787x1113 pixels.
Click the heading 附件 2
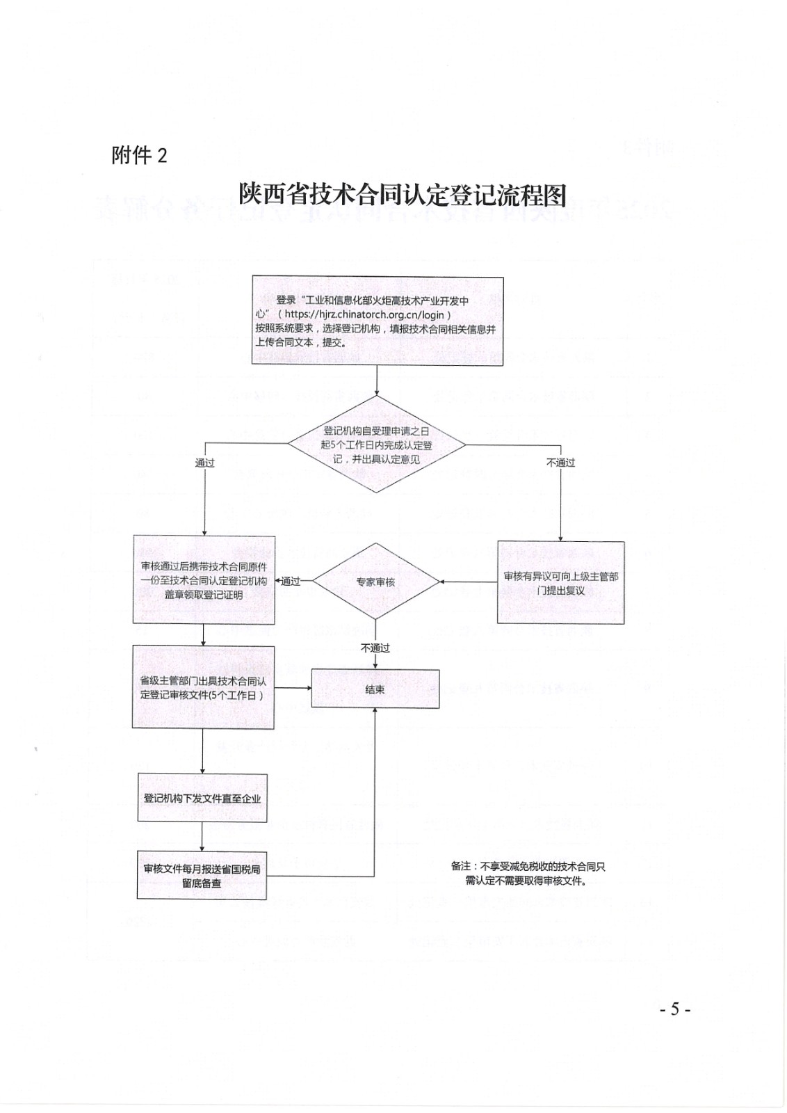pyautogui.click(x=139, y=155)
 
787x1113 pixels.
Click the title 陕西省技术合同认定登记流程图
pyautogui.click(x=403, y=195)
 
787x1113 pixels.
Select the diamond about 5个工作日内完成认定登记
pyautogui.click(x=376, y=445)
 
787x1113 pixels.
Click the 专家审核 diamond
pyautogui.click(x=376, y=582)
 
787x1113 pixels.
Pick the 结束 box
pyautogui.click(x=375, y=689)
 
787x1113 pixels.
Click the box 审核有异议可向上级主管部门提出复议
pyautogui.click(x=560, y=582)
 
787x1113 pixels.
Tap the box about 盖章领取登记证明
pyautogui.click(x=204, y=580)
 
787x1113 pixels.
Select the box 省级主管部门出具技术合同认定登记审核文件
pyautogui.click(x=203, y=687)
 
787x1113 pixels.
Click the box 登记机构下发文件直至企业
pyautogui.click(x=202, y=797)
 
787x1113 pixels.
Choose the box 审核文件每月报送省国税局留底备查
pyautogui.click(x=202, y=875)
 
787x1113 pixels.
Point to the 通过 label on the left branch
pyautogui.click(x=204, y=463)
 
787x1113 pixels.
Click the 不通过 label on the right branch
pyautogui.click(x=560, y=463)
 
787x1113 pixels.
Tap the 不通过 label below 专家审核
pyautogui.click(x=375, y=648)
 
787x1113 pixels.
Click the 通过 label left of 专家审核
pyautogui.click(x=291, y=582)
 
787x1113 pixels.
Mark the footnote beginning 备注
pyautogui.click(x=528, y=874)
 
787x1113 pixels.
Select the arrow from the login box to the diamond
pyautogui.click(x=376, y=380)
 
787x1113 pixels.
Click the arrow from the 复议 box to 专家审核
pyautogui.click(x=469, y=582)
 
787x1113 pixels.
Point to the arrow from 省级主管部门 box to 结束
pyautogui.click(x=292, y=689)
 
